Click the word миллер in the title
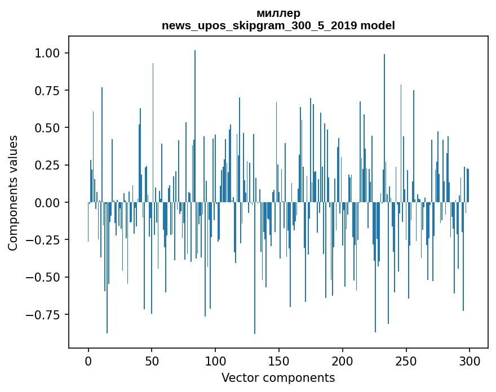coord(278,13)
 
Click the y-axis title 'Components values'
coord(13,193)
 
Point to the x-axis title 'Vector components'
coord(278,378)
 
